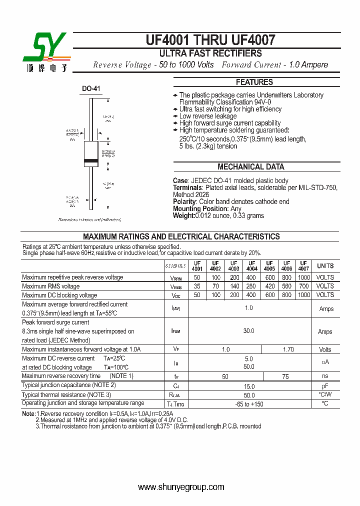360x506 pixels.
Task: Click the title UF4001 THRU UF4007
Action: click(x=210, y=40)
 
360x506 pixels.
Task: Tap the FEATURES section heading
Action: click(x=254, y=82)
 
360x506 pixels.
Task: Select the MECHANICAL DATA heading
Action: click(x=250, y=167)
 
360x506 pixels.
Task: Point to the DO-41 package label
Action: click(x=91, y=89)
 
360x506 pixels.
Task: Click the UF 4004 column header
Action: click(x=251, y=266)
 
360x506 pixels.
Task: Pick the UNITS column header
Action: click(x=325, y=266)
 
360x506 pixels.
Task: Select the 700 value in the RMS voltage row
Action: click(x=303, y=286)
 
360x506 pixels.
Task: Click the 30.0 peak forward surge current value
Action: click(x=248, y=331)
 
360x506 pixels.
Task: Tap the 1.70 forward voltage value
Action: click(x=288, y=349)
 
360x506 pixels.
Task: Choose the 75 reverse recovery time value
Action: click(x=285, y=376)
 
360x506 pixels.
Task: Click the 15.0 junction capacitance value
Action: click(x=248, y=386)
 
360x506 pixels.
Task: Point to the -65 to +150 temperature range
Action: click(x=248, y=404)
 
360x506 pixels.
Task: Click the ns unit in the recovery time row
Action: click(x=325, y=376)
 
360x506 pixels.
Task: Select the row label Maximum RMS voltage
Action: click(x=51, y=286)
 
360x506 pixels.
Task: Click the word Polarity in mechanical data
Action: click(x=184, y=201)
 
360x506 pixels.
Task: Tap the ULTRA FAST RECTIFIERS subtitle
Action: click(x=210, y=53)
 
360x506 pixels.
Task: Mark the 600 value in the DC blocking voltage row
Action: click(x=270, y=295)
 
